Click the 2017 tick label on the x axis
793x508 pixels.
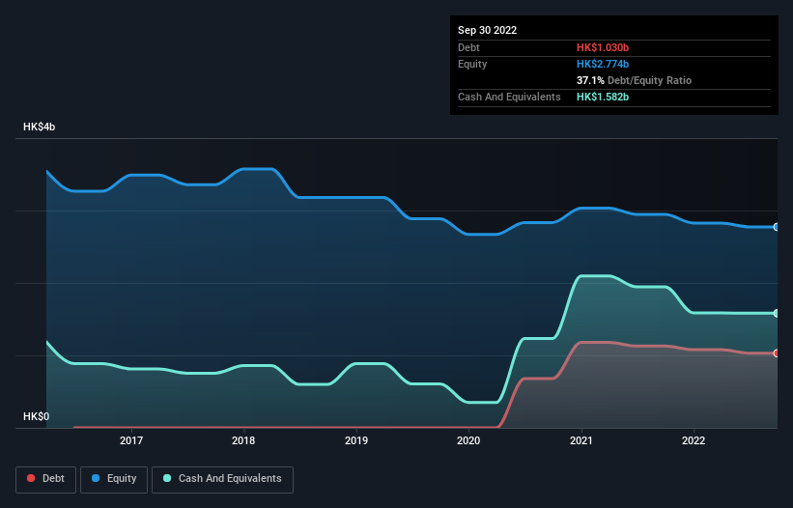pos(131,440)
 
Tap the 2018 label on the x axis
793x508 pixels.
pos(243,440)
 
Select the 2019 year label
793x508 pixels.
pos(356,440)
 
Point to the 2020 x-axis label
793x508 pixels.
pos(468,440)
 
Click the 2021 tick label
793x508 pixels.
pos(581,440)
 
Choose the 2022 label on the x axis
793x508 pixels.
pos(694,440)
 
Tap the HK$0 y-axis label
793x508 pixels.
pos(37,416)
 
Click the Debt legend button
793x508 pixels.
pos(47,479)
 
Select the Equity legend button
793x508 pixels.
pos(114,479)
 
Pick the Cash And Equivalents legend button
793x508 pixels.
pos(222,479)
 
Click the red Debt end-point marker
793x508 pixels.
pos(777,353)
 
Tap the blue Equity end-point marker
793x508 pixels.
pos(777,227)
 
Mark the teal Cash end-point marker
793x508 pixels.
pos(777,314)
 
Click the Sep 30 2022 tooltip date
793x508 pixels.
pos(488,30)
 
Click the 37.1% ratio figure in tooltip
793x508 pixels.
pos(590,80)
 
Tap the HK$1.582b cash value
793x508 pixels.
pos(609,98)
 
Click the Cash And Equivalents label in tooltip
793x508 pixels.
pos(509,98)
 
